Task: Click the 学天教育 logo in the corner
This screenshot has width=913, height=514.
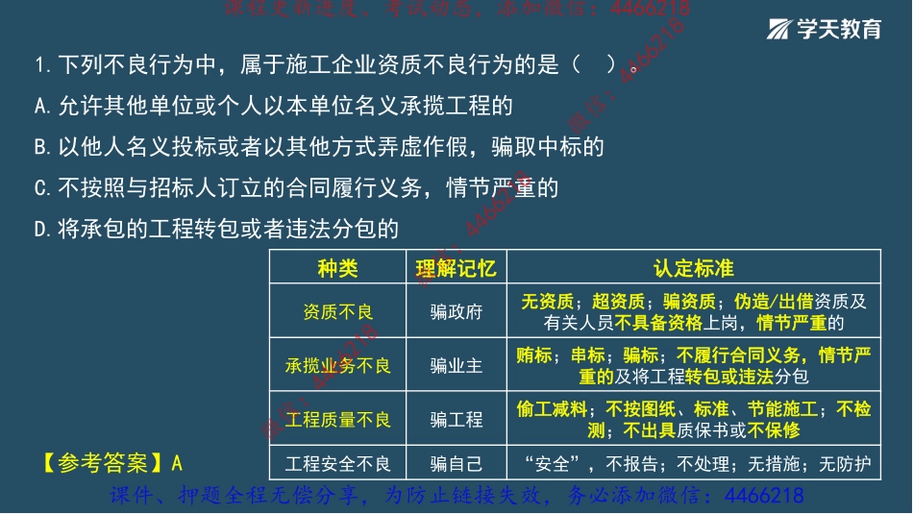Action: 825,29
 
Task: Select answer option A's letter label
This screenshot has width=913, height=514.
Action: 40,106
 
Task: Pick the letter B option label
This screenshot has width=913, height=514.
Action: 40,147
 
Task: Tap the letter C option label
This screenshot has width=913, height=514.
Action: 40,188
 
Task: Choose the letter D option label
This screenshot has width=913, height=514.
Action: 40,229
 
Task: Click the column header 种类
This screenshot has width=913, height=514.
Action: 337,268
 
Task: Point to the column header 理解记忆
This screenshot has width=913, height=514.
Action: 456,268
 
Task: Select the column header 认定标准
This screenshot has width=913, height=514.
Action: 694,268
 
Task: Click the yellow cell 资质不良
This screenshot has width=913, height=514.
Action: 337,311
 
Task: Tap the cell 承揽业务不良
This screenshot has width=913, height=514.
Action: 337,366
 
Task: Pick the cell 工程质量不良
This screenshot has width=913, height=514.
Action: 337,420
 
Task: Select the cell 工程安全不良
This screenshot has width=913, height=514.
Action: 337,465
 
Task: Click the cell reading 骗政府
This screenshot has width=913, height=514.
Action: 456,311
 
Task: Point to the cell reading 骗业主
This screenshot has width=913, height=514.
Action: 456,366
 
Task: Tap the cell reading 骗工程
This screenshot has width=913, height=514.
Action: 456,420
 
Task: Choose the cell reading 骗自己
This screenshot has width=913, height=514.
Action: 456,465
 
